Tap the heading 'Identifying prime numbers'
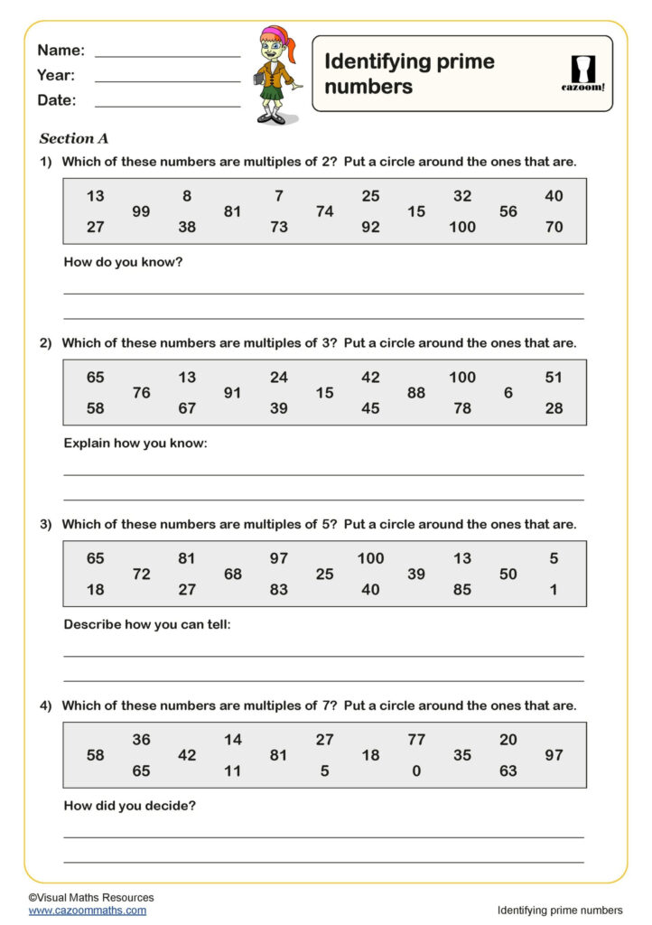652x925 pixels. click(x=409, y=74)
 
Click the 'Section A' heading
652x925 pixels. click(x=74, y=139)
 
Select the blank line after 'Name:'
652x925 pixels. click(x=167, y=56)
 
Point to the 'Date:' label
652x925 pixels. click(x=57, y=100)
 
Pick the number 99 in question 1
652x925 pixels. click(x=141, y=211)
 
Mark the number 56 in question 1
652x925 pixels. click(x=508, y=211)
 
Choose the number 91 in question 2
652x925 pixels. click(x=233, y=393)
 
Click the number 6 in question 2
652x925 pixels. click(x=508, y=393)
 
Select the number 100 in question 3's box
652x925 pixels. click(x=370, y=558)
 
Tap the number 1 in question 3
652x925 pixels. click(x=554, y=590)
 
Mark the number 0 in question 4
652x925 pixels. click(x=415, y=771)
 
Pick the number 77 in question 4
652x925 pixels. click(x=415, y=740)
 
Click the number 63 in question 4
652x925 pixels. click(x=508, y=771)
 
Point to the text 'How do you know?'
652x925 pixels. click(x=124, y=263)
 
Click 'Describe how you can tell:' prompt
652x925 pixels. click(x=147, y=624)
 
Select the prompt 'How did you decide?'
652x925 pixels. click(x=130, y=805)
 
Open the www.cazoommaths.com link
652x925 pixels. click(x=87, y=911)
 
